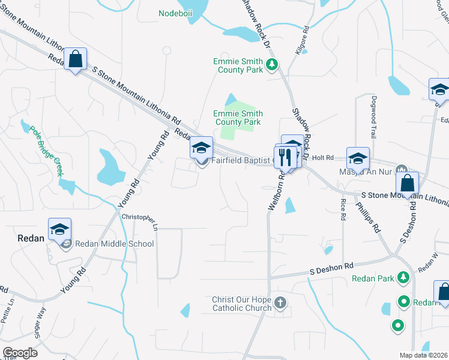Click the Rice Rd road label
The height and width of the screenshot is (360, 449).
click(x=343, y=209)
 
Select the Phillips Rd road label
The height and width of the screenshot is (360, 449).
click(x=367, y=217)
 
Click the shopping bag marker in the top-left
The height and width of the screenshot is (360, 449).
click(x=76, y=60)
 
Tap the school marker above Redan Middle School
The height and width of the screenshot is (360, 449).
click(x=60, y=230)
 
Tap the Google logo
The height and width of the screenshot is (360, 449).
click(x=20, y=353)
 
